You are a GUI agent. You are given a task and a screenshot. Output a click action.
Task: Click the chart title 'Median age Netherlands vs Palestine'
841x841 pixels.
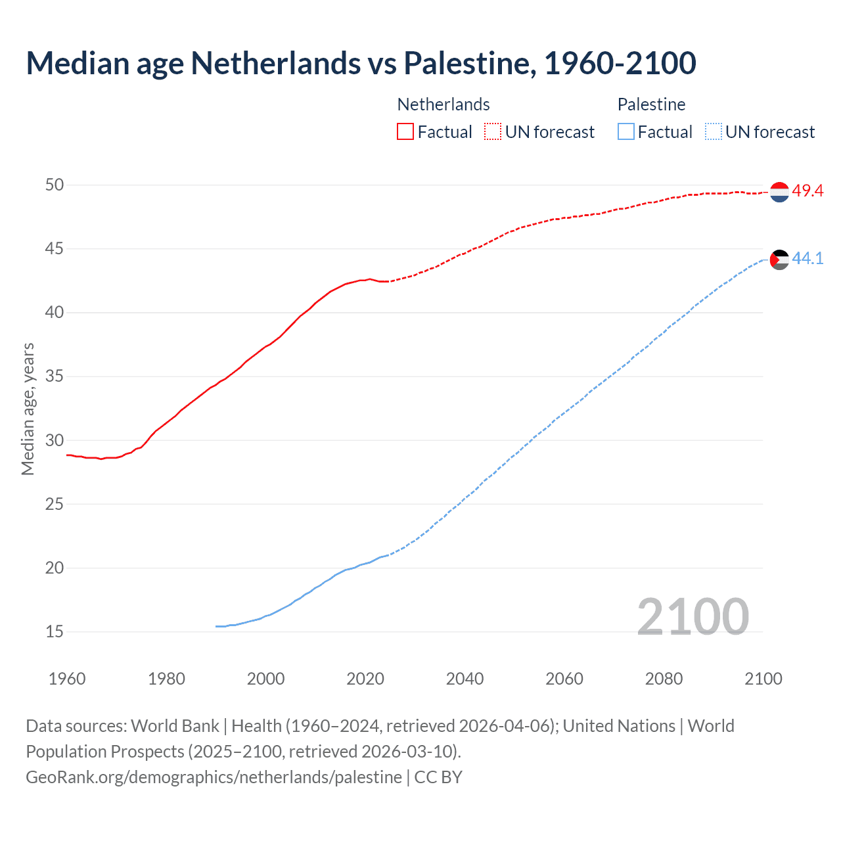tap(361, 64)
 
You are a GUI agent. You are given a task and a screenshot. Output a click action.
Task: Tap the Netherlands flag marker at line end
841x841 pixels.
tap(779, 192)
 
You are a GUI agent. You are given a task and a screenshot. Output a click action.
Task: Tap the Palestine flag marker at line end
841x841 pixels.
tap(779, 260)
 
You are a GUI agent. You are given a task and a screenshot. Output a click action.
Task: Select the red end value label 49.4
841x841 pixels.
tap(807, 191)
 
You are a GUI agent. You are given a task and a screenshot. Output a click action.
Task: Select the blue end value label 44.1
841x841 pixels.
tap(807, 259)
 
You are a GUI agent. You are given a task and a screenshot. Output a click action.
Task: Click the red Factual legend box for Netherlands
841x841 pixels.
tap(405, 132)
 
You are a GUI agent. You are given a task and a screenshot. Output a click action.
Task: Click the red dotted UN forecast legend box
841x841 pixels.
tap(493, 132)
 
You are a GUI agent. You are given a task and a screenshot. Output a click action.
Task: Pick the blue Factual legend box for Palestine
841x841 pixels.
tap(626, 132)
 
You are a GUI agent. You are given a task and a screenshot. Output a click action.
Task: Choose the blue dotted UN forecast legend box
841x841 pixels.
tap(714, 132)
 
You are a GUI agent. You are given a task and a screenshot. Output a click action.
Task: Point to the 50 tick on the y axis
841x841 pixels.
tap(55, 185)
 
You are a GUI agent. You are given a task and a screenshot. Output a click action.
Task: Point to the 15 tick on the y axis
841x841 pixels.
tap(55, 632)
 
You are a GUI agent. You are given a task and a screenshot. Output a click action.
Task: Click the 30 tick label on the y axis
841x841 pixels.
tap(55, 441)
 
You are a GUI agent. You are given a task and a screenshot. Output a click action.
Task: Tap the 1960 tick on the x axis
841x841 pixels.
tap(67, 679)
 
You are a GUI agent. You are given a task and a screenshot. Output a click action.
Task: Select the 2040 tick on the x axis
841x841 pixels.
tap(465, 679)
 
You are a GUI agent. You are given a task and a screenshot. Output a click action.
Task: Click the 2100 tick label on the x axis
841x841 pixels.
tap(763, 679)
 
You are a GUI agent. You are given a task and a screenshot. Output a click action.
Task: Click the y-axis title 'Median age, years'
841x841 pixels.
tap(28, 409)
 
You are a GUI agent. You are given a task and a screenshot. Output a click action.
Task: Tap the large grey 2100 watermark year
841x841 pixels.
tap(693, 617)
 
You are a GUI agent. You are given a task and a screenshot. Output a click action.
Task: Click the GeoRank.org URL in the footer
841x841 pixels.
tap(214, 777)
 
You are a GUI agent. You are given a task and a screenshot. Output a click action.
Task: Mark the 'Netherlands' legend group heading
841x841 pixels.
tap(443, 104)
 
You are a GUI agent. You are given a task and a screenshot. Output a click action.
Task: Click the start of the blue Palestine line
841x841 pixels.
tap(217, 626)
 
